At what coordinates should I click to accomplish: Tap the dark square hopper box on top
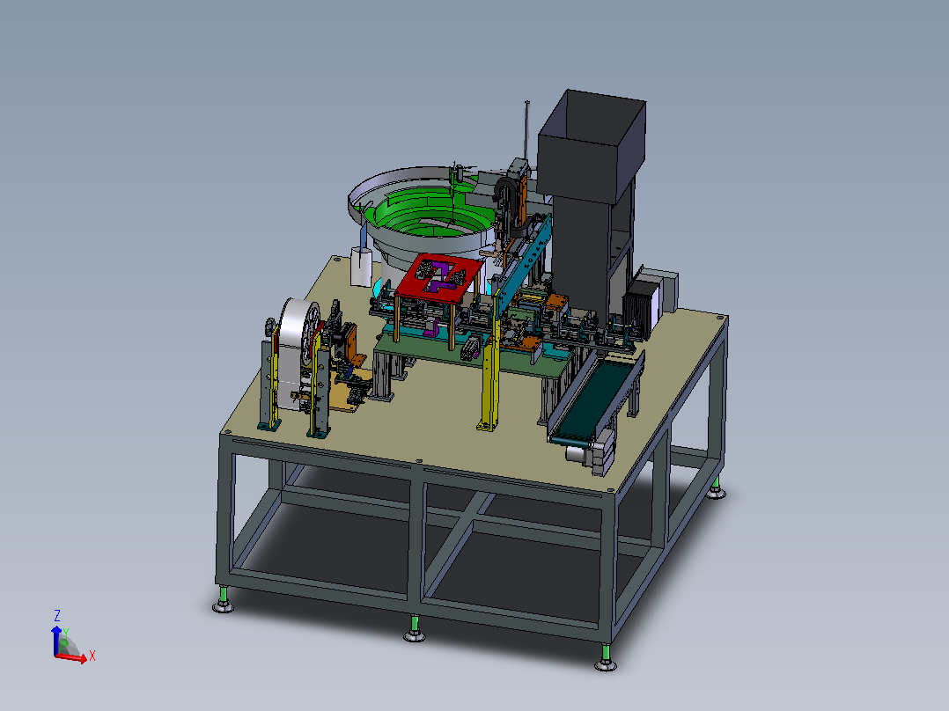coord(592,145)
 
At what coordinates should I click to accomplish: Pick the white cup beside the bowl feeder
coord(361,267)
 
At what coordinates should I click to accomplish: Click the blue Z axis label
coord(57,616)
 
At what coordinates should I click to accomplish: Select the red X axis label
coord(92,656)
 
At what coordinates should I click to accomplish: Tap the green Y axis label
coord(66,633)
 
